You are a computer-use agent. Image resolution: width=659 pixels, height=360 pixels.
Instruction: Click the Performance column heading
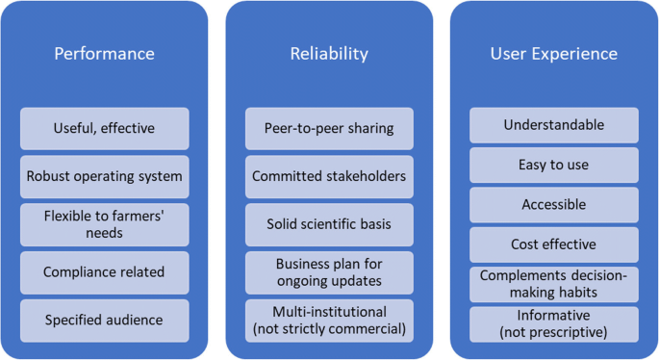click(x=104, y=54)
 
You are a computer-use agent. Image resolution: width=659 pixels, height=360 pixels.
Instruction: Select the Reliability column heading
click(x=329, y=54)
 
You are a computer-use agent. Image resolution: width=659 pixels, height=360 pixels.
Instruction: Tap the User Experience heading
click(x=553, y=54)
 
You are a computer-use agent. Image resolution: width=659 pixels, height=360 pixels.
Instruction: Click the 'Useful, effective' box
click(x=104, y=128)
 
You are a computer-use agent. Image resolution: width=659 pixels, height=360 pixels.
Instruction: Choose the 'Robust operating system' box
click(x=104, y=176)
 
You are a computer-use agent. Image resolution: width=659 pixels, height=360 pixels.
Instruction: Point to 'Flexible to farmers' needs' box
click(x=104, y=224)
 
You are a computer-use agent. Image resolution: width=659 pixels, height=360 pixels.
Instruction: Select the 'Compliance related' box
click(x=104, y=272)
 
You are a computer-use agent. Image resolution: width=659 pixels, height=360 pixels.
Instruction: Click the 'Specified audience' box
click(x=104, y=320)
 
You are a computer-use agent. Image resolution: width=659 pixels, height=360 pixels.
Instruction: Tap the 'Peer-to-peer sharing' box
click(x=329, y=128)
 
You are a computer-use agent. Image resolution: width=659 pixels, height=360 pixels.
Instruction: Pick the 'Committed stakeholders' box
click(x=329, y=176)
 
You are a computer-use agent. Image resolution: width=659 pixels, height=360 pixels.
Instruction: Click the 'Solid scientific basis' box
click(x=329, y=224)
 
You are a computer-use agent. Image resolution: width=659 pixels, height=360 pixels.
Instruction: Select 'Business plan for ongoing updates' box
click(x=329, y=272)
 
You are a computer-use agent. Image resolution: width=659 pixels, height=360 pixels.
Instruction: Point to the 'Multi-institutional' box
click(x=329, y=320)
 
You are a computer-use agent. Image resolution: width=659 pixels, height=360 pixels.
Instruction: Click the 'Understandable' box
click(x=553, y=125)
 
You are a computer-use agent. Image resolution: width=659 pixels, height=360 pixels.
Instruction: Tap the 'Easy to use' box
click(x=553, y=165)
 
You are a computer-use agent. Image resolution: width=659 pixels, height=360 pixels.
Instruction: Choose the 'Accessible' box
click(x=553, y=205)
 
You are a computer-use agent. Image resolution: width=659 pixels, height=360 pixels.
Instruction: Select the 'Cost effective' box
click(x=553, y=244)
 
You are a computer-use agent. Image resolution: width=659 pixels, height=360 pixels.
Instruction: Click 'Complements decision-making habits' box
click(x=553, y=284)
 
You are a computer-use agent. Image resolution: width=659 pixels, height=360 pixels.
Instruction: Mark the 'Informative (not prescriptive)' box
click(x=553, y=324)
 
